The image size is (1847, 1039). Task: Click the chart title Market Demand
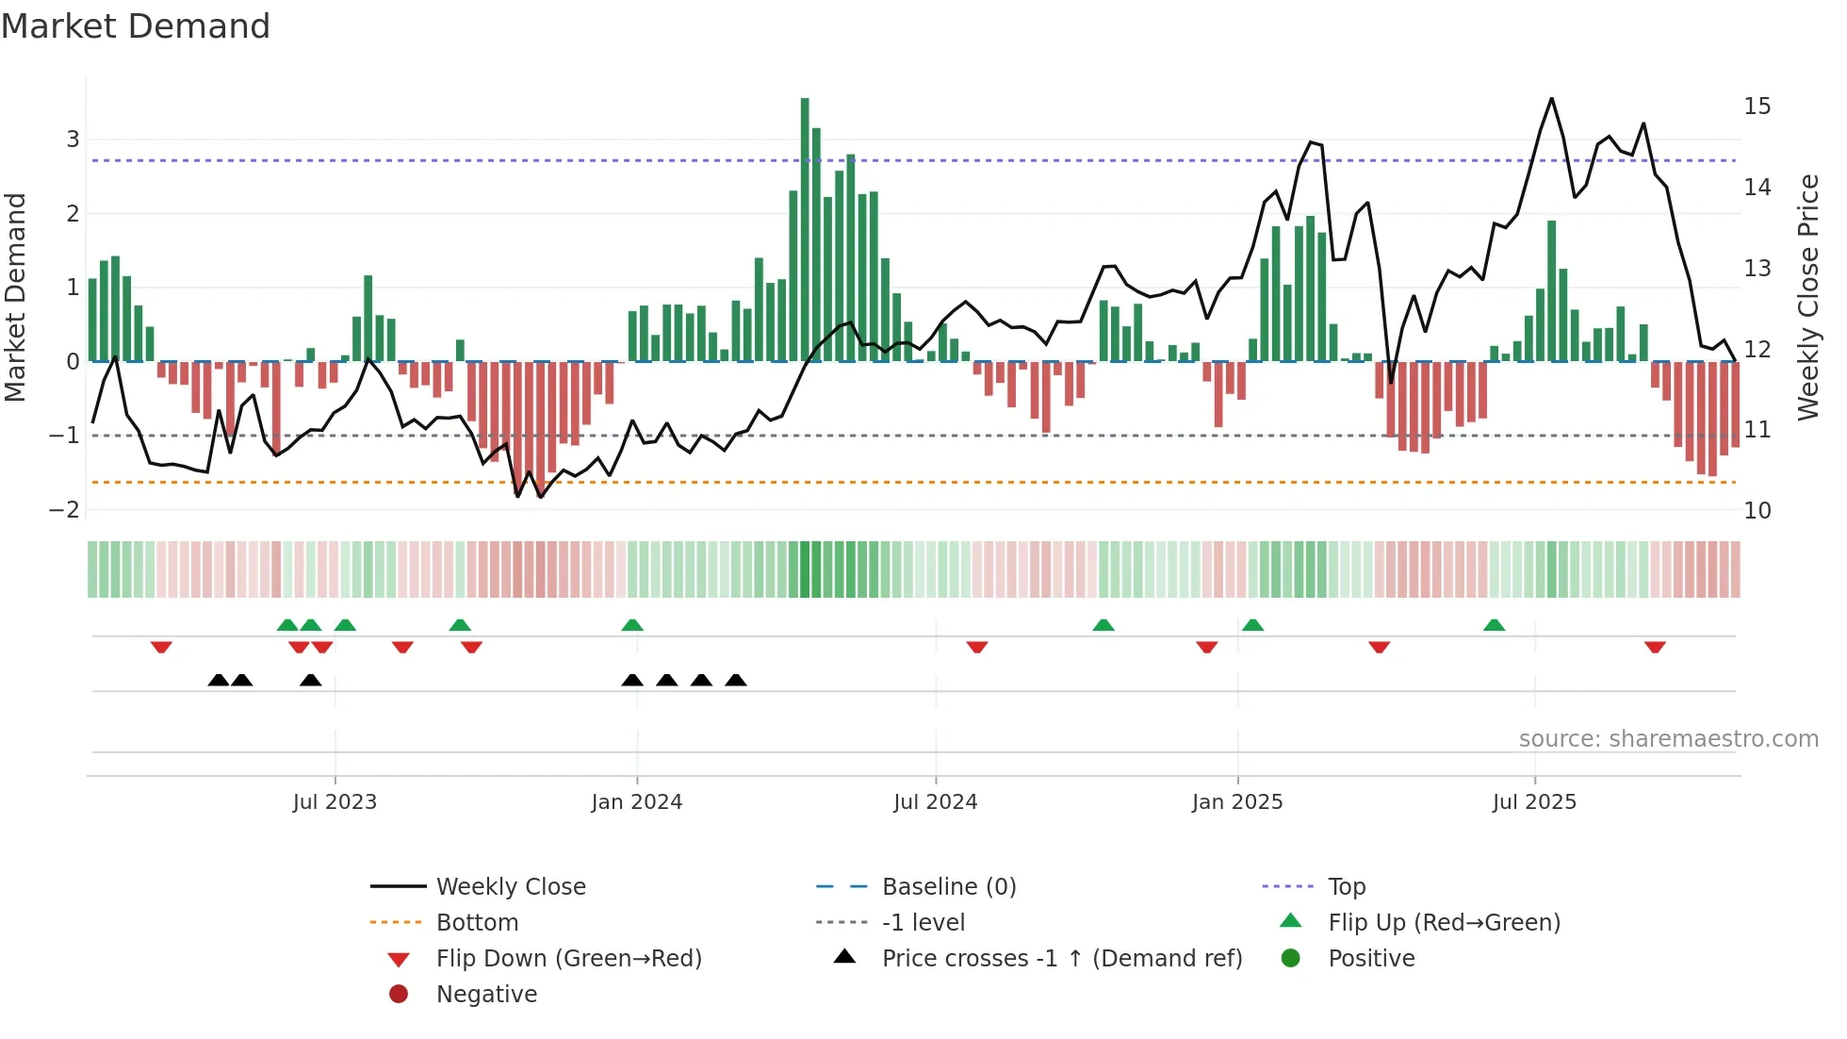[x=136, y=26]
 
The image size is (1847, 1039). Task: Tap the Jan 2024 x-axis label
[x=636, y=801]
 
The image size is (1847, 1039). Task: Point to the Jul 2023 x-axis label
[x=335, y=801]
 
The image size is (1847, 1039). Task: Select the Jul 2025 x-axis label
[x=1534, y=801]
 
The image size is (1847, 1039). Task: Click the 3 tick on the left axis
[x=73, y=140]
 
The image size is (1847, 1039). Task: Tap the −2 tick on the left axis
[x=65, y=510]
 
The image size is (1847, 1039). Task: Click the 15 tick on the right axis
[x=1757, y=106]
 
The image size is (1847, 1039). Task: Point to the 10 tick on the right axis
[x=1757, y=510]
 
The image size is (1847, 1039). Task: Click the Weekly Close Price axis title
[x=1807, y=297]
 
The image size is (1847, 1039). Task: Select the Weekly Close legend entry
[x=510, y=886]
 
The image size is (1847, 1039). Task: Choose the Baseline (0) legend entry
[x=948, y=886]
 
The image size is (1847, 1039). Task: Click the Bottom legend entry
[x=477, y=922]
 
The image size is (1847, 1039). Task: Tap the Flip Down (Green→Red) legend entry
[x=568, y=958]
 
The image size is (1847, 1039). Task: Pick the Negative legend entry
[x=486, y=994]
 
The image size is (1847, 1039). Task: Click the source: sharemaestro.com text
[x=1668, y=738]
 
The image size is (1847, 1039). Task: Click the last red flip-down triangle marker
[x=1655, y=647]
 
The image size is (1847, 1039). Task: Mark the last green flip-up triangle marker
[x=1494, y=625]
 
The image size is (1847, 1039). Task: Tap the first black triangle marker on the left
[x=219, y=680]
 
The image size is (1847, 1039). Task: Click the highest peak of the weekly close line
[x=1551, y=99]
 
